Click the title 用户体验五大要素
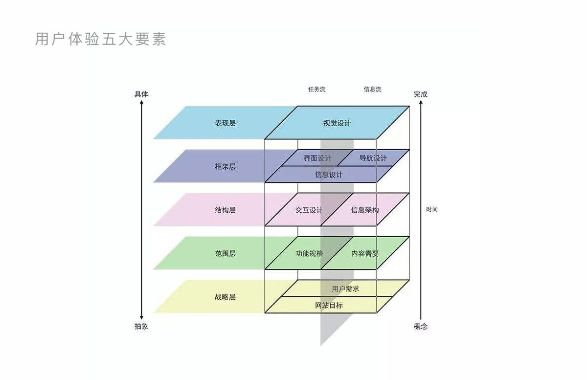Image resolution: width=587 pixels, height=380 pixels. (101, 39)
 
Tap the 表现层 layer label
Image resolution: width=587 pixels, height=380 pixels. (225, 123)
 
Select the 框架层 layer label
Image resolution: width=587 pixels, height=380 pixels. (225, 166)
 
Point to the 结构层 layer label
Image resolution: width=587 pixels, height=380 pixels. (225, 210)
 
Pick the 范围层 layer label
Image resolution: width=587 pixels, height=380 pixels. (225, 253)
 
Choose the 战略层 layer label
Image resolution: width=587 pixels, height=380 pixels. (225, 296)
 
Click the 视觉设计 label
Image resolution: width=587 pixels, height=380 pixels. (337, 123)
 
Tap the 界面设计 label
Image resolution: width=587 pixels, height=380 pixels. (317, 158)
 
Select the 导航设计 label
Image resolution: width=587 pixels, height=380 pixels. (373, 158)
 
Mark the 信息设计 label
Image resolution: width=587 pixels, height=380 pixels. (329, 175)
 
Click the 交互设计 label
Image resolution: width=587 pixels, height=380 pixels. (309, 210)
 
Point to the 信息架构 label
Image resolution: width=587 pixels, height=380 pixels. (364, 210)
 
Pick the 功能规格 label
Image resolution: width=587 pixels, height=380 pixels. (309, 253)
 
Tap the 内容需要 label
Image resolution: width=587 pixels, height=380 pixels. (364, 253)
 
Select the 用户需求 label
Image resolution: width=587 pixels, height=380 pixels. (345, 289)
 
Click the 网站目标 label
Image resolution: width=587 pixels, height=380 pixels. (329, 306)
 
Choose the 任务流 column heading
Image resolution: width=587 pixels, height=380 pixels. (316, 89)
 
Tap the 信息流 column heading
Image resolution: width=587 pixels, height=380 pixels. (372, 89)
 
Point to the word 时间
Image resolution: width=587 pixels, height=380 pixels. (432, 209)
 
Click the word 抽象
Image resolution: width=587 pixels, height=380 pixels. (141, 326)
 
